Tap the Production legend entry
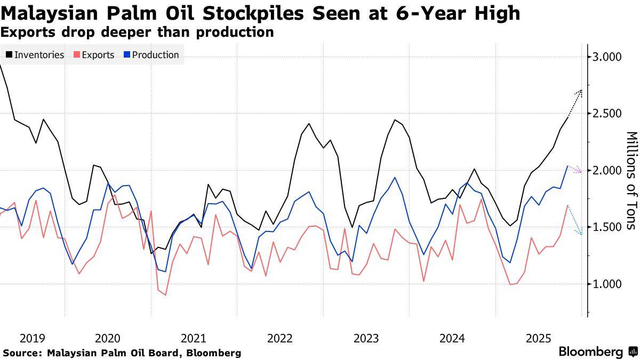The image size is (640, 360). [x=155, y=55]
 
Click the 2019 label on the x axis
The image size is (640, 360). [x=32, y=338]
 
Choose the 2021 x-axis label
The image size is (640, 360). [x=194, y=338]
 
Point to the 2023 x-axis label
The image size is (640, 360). [x=366, y=338]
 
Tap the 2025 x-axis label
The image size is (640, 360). [x=538, y=338]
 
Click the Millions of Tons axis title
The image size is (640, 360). [x=630, y=180]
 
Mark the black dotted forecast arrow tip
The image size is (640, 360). [x=581, y=91]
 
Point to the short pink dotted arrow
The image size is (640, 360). [x=575, y=170]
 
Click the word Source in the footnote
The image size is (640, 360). [x=22, y=353]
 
